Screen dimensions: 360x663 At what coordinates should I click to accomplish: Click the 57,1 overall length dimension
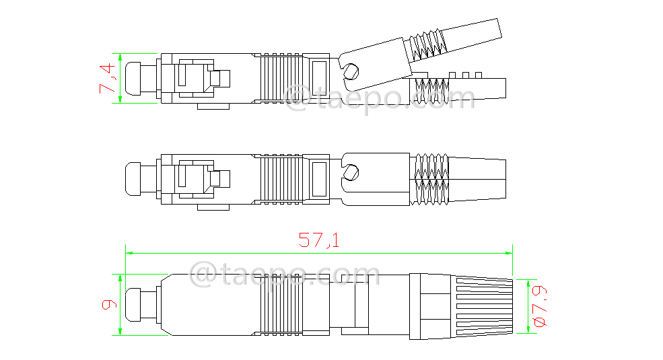coord(319,240)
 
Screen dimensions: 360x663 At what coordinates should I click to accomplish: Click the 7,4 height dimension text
coord(108,78)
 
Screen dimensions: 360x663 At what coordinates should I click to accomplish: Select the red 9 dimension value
coord(108,304)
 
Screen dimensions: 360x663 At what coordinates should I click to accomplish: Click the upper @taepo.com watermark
coord(380,100)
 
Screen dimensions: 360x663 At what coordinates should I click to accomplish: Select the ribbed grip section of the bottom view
coord(281,304)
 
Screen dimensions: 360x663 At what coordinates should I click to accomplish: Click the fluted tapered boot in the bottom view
coord(483,304)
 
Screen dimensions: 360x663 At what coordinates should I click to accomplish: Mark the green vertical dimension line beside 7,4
coord(120,78)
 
